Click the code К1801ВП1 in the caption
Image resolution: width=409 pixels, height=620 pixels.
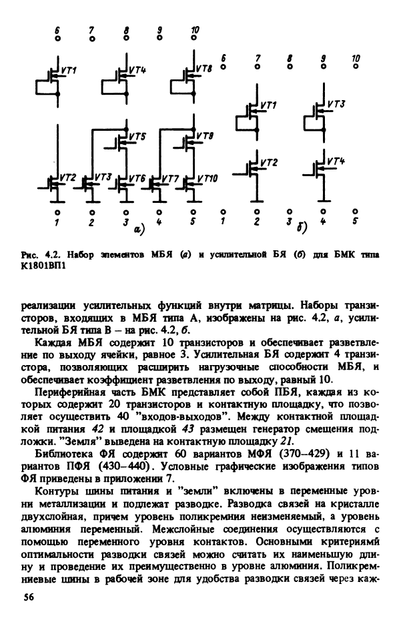(x=41, y=273)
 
